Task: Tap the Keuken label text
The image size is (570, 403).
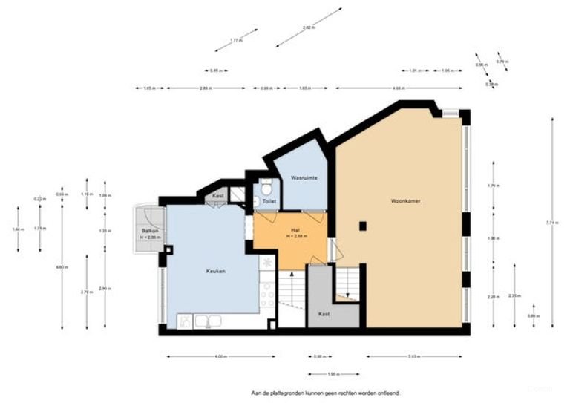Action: pos(215,271)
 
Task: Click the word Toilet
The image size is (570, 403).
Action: pos(269,201)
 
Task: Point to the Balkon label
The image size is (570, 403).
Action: pos(149,231)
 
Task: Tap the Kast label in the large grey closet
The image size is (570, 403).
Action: pos(324,313)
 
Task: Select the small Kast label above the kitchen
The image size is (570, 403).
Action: pos(217,195)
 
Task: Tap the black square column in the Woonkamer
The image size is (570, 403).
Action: pos(362,226)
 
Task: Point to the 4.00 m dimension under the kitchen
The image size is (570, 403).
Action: pos(220,357)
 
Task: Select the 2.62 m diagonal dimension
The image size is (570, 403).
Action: pos(307,28)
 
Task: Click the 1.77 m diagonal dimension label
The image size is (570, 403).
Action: pos(236,40)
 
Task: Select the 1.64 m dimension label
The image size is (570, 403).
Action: pos(16,229)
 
